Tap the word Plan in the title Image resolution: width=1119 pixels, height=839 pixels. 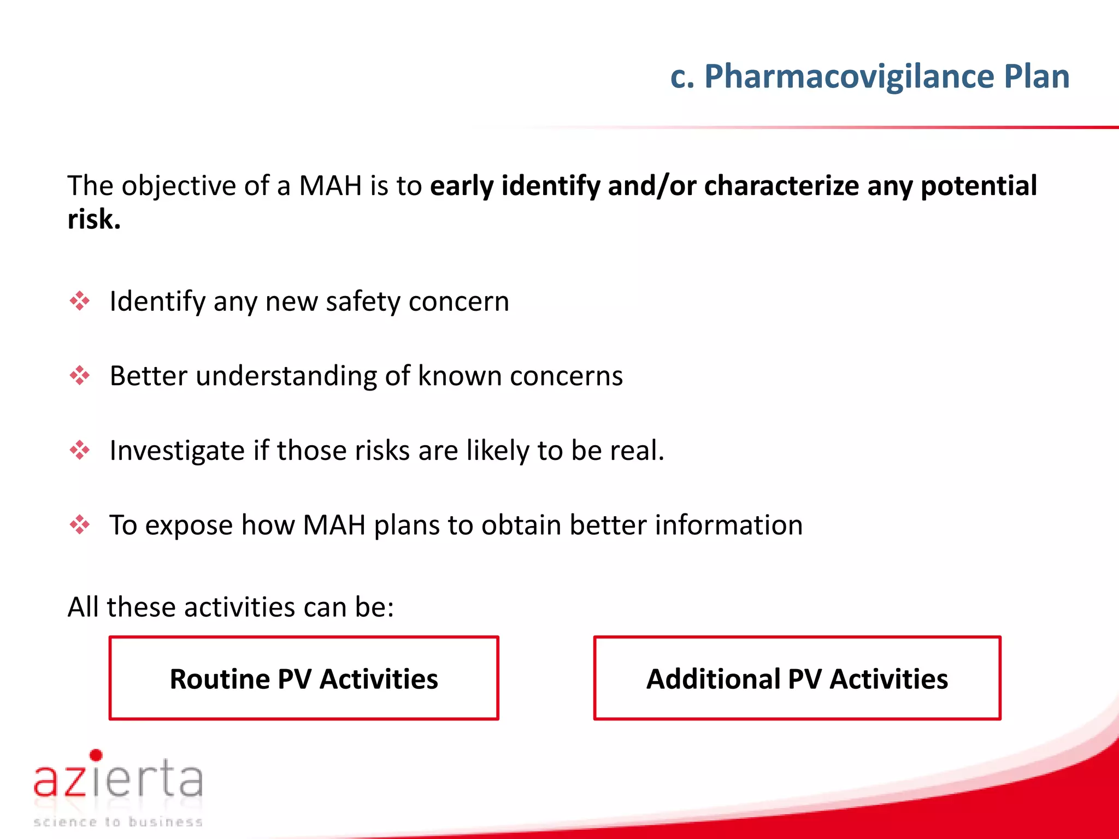click(x=1036, y=76)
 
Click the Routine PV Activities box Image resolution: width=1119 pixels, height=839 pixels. click(x=304, y=678)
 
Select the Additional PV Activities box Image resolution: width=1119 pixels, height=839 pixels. click(x=797, y=678)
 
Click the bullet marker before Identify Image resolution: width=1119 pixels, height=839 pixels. click(x=80, y=301)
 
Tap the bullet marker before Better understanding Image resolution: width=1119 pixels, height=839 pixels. click(x=80, y=376)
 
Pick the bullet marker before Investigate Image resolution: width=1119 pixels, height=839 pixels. click(x=80, y=450)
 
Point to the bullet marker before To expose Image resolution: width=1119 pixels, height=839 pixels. click(x=80, y=525)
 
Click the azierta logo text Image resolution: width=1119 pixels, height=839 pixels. click(x=118, y=779)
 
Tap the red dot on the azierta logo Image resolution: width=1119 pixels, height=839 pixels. click(x=96, y=755)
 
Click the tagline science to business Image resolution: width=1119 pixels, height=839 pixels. click(x=118, y=822)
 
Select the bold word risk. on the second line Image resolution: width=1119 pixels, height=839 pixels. click(x=93, y=220)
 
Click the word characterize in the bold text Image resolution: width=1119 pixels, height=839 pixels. click(x=781, y=186)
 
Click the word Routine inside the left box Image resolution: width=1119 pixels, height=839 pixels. click(x=219, y=679)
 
